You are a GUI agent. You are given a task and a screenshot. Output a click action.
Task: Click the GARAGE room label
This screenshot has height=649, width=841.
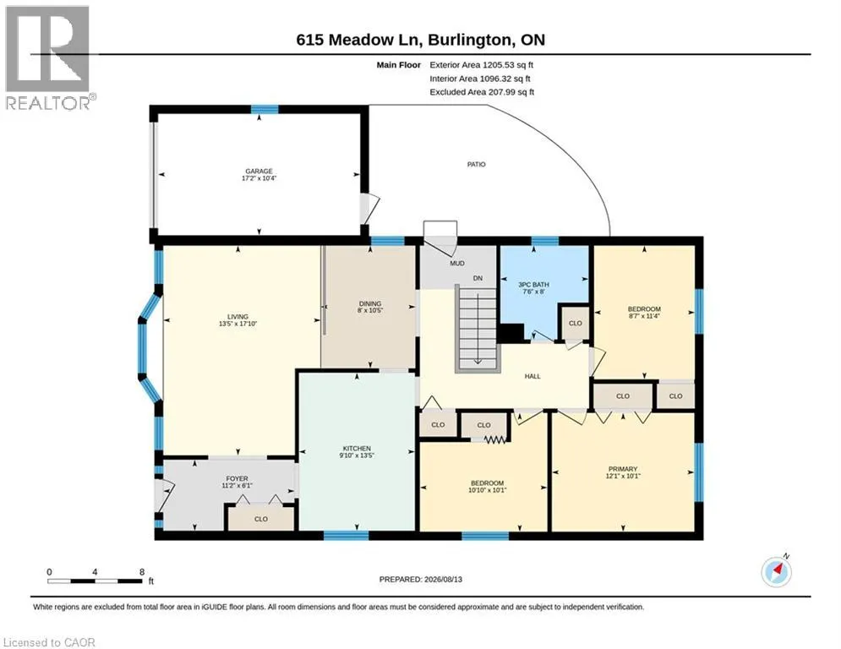pos(259,171)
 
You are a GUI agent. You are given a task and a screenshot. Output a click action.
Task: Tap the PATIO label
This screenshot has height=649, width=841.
pos(476,164)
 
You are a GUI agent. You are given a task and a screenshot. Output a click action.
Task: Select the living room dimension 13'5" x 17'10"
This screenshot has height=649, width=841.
pos(238,324)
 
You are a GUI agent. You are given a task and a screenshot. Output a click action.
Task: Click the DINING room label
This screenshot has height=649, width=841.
pos(370,303)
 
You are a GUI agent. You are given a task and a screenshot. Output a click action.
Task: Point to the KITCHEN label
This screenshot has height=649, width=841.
pos(357,449)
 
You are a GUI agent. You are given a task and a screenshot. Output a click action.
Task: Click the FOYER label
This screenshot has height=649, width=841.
pos(237,478)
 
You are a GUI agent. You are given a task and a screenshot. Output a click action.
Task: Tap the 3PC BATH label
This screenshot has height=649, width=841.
pos(533,285)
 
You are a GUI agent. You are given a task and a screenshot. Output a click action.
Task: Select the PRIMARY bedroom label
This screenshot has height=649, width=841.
pos(623,469)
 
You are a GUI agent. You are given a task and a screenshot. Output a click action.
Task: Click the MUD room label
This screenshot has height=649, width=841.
pos(457,264)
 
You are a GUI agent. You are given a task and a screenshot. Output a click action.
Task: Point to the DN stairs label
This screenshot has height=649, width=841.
pos(478,278)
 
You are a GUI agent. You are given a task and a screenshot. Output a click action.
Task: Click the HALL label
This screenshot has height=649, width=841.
pos(532,376)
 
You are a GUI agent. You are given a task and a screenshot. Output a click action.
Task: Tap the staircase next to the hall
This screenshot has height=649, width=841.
pos(478,328)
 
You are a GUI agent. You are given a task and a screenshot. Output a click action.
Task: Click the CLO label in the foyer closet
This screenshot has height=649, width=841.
pos(261,519)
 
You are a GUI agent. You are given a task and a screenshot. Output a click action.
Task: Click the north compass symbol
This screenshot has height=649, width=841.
pos(777,572)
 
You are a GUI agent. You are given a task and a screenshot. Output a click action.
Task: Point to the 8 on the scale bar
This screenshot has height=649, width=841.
pos(142,572)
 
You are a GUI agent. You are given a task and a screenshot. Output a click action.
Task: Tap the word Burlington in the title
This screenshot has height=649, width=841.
pos(469,40)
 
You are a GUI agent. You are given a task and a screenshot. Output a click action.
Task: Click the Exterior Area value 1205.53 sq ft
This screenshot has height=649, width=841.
pos(508,65)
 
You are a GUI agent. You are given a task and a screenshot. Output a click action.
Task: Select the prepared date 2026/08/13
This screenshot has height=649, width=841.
pos(443,579)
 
